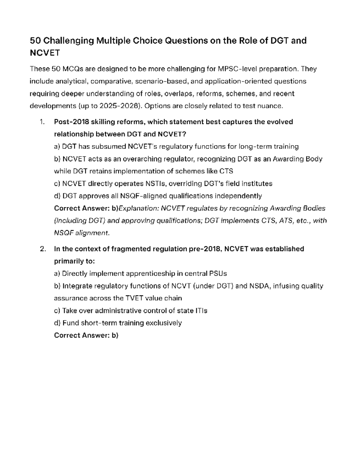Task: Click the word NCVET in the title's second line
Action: pos(45,53)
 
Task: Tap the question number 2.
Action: pos(42,249)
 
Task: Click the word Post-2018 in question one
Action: pos(71,122)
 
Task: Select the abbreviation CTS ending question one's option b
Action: pos(226,171)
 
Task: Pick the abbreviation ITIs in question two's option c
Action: pos(201,311)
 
